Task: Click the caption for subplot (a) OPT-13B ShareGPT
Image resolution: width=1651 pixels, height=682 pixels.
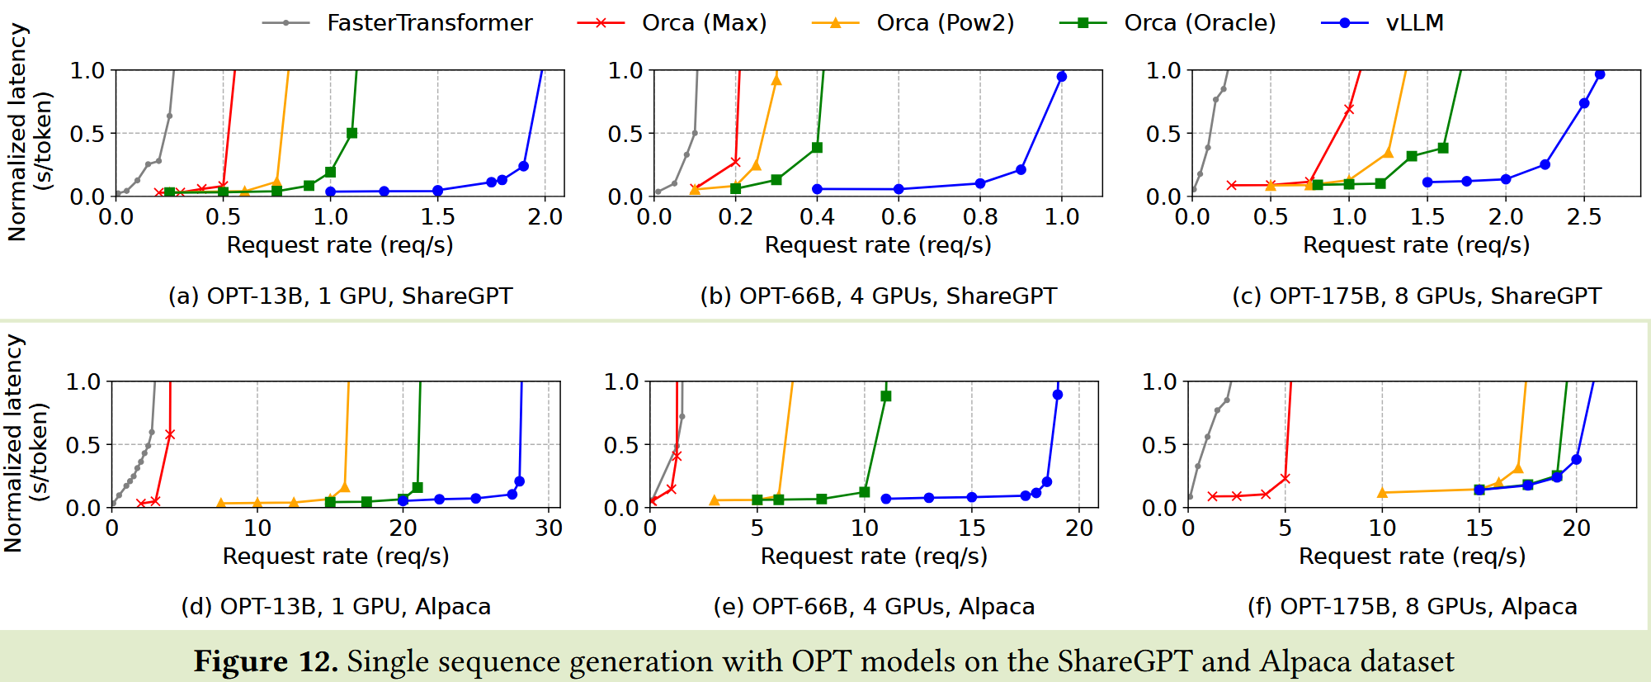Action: pos(340,296)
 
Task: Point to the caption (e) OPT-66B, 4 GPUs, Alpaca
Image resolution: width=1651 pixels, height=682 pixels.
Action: pos(874,607)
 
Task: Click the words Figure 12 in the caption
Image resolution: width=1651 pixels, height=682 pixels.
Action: pos(266,661)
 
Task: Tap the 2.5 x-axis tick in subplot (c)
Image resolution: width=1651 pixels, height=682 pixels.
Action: pos(1584,217)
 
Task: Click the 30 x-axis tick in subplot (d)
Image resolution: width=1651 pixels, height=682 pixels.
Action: pos(549,528)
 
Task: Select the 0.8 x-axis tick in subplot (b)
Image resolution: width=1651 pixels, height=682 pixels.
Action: pos(980,217)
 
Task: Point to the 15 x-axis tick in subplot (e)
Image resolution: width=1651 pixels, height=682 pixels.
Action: pos(972,528)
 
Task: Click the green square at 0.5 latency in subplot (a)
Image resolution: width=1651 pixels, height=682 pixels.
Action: pos(352,133)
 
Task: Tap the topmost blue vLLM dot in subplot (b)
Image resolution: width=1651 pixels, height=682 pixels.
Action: pos(1062,77)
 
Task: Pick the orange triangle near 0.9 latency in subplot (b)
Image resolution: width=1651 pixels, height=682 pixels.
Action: pos(776,80)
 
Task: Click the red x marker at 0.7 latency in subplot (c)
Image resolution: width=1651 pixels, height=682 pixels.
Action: pos(1349,109)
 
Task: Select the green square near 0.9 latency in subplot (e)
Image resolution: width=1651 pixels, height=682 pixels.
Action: pos(886,396)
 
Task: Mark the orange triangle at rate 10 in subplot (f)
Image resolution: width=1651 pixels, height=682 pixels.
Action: pos(1382,493)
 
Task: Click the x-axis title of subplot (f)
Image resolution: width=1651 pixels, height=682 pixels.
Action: pos(1412,556)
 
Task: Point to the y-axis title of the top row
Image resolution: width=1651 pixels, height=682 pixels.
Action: pos(30,132)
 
